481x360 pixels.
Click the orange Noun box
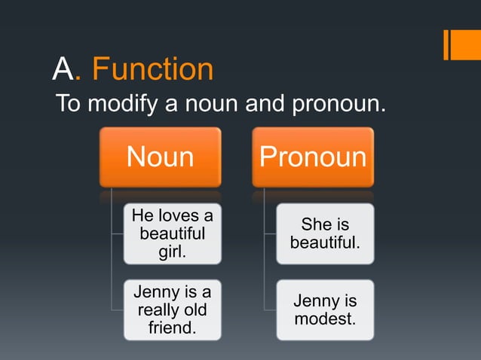(160, 157)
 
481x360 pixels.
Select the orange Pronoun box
(313, 157)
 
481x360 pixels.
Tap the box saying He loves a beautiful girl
(173, 233)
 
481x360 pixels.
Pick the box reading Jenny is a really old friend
(173, 310)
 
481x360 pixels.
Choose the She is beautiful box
(325, 233)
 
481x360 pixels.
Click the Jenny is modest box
(325, 310)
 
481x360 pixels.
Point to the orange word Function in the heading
(152, 69)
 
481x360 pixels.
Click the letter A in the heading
(63, 69)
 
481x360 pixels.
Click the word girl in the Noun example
(173, 251)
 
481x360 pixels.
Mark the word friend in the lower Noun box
(173, 328)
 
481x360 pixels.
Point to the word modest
(325, 319)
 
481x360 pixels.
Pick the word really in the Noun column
(161, 310)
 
